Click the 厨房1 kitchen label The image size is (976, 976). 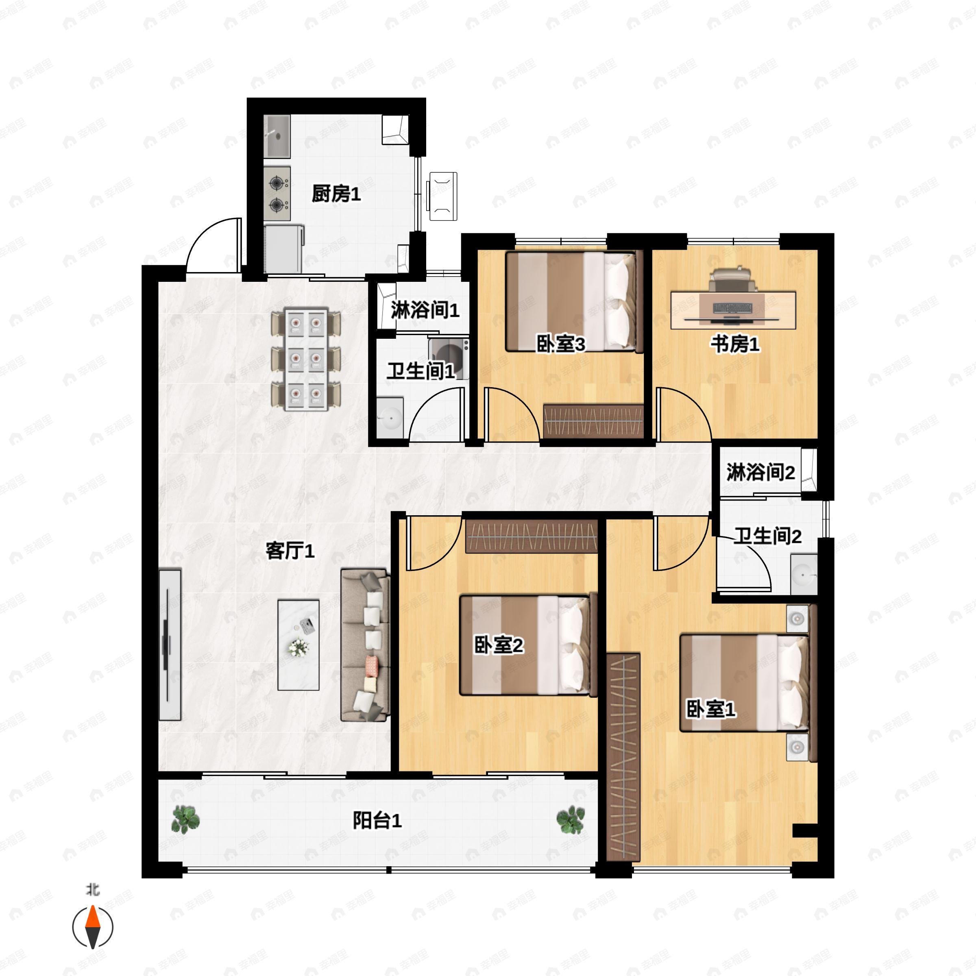(x=336, y=194)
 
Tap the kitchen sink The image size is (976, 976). (x=277, y=136)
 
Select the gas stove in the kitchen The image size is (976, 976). (x=277, y=194)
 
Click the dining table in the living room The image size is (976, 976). (x=306, y=359)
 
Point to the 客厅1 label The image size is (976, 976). (x=290, y=551)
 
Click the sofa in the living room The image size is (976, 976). (x=365, y=645)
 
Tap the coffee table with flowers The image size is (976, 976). (x=298, y=645)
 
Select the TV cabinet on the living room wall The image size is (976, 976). (x=170, y=645)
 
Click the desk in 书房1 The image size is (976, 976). (x=734, y=310)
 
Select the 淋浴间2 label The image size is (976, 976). (x=761, y=472)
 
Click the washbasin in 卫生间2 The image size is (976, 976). (x=804, y=574)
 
